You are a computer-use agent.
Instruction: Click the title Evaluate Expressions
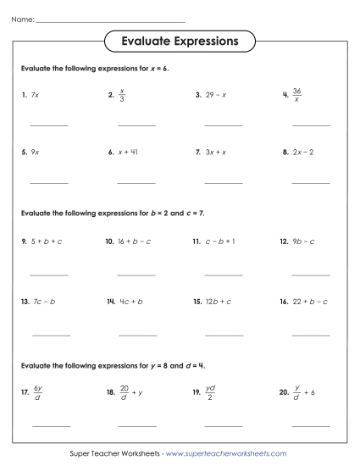tap(180, 41)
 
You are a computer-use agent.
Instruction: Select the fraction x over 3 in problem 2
tap(122, 95)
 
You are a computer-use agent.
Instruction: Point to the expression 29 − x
tap(216, 95)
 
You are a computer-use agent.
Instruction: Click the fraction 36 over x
tap(296, 95)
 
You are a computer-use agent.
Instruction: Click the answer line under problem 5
tap(49, 183)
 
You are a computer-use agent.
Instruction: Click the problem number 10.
tap(110, 241)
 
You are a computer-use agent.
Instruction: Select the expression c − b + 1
tap(219, 241)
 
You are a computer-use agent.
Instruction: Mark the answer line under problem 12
tap(311, 275)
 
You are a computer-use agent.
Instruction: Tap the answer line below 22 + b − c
tap(311, 335)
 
